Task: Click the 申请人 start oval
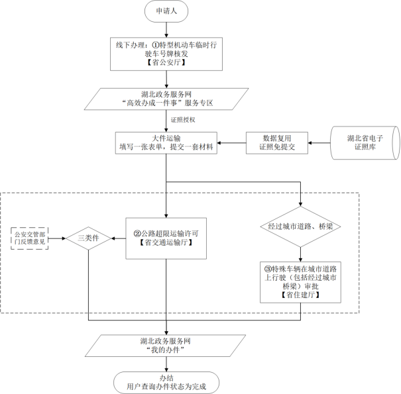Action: coord(166,11)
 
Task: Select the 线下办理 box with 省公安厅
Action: coord(166,54)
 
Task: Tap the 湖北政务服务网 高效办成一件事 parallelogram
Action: coord(166,99)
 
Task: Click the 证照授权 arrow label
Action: coord(183,120)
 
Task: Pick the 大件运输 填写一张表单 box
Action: coord(166,143)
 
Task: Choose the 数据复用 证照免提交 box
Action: coord(277,143)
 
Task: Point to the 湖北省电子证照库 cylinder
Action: coord(365,143)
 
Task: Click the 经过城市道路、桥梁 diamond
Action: coord(300,226)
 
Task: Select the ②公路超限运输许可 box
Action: coord(166,238)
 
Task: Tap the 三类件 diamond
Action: coord(89,238)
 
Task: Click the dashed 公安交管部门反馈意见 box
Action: coord(30,238)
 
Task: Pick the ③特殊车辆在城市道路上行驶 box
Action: coord(300,282)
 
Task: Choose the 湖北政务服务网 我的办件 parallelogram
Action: coord(166,346)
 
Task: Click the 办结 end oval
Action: coord(166,383)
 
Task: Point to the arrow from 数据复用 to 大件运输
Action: coord(232,143)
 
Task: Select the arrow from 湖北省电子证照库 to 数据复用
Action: coord(319,143)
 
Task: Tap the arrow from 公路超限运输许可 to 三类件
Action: coord(119,238)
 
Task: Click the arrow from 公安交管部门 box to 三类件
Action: coord(57,238)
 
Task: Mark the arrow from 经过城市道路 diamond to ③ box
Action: coord(300,254)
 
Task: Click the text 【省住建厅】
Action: coord(300,295)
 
